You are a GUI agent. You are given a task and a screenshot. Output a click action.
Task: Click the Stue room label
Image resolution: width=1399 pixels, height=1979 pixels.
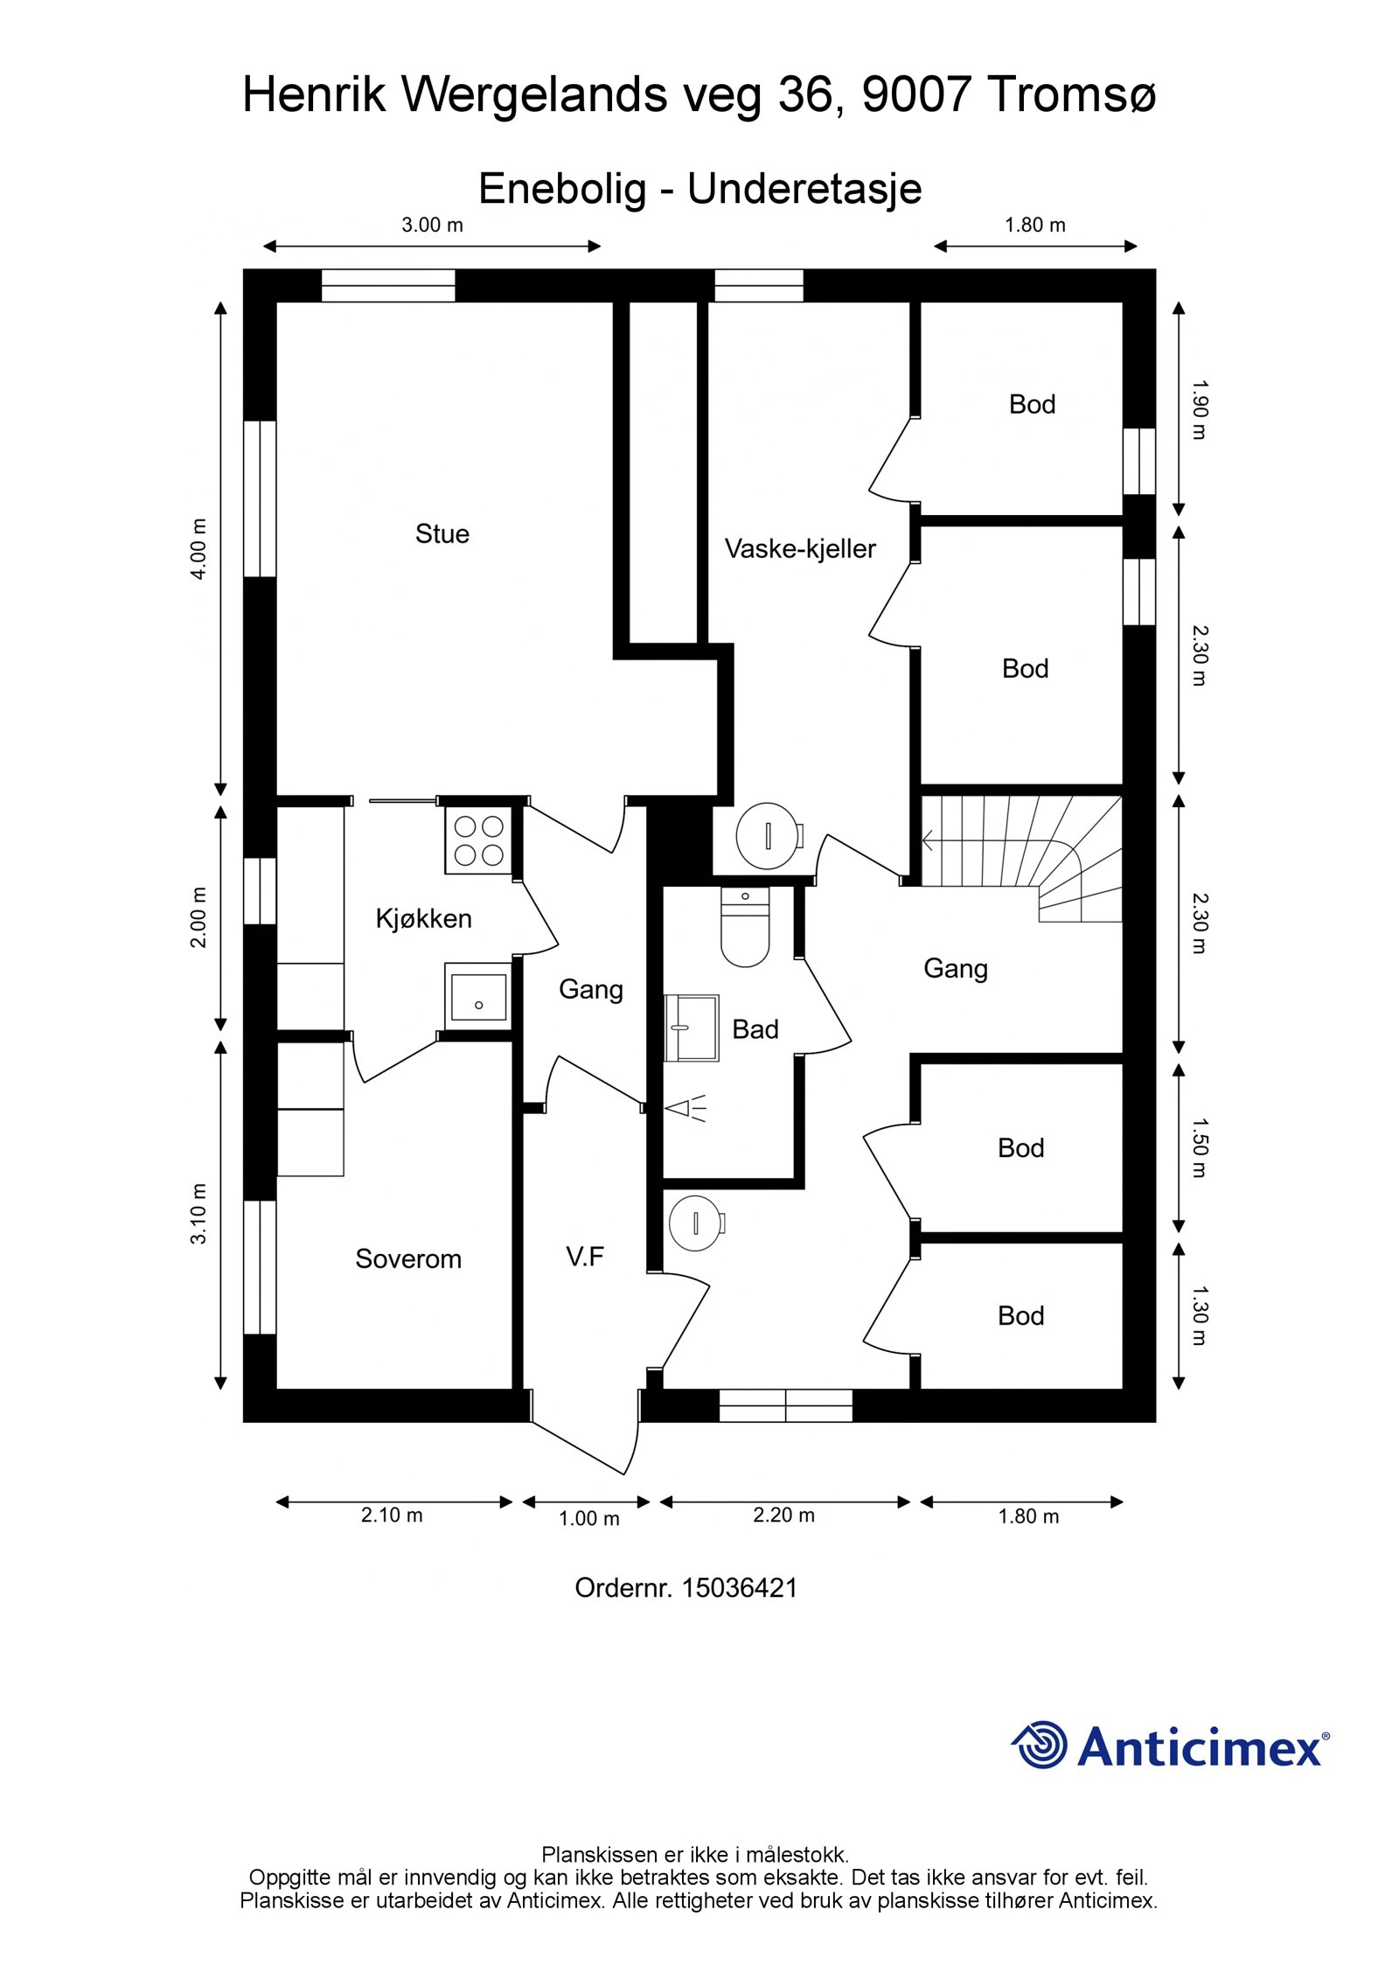pyautogui.click(x=442, y=533)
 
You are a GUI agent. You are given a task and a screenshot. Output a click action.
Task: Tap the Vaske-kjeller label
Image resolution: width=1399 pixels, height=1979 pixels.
pyautogui.click(x=800, y=549)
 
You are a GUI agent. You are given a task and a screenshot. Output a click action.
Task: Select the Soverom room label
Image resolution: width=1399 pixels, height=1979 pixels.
pyautogui.click(x=407, y=1258)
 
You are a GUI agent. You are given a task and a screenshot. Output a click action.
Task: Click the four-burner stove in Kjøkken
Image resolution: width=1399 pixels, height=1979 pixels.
pyautogui.click(x=478, y=840)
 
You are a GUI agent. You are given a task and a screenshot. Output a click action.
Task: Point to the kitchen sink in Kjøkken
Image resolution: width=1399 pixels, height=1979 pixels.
pyautogui.click(x=477, y=997)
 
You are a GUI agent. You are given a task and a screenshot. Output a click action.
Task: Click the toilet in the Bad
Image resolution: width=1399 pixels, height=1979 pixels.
pyautogui.click(x=745, y=927)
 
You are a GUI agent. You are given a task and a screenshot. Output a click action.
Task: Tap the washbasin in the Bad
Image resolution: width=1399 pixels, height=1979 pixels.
pyautogui.click(x=692, y=1028)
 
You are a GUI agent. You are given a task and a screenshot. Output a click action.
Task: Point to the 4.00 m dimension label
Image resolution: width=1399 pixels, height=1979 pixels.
pyautogui.click(x=199, y=548)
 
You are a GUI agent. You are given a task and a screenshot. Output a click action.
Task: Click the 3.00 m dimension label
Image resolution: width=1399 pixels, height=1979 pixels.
pyautogui.click(x=432, y=225)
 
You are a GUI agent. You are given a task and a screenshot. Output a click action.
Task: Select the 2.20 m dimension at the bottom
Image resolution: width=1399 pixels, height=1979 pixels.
pyautogui.click(x=783, y=1516)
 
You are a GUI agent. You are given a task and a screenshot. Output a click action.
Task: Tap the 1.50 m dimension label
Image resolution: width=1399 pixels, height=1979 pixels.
pyautogui.click(x=1199, y=1148)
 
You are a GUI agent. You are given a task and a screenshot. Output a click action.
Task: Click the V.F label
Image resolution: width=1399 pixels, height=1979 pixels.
pyautogui.click(x=584, y=1257)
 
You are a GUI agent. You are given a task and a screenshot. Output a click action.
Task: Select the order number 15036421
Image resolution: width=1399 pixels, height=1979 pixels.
pyautogui.click(x=739, y=1588)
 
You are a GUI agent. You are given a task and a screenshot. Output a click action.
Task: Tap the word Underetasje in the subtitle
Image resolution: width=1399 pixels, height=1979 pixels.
pyautogui.click(x=804, y=189)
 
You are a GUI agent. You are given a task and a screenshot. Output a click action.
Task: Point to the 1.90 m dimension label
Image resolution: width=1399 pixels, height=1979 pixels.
pyautogui.click(x=1199, y=409)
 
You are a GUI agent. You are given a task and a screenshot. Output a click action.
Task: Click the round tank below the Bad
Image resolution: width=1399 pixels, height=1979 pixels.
pyautogui.click(x=695, y=1223)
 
